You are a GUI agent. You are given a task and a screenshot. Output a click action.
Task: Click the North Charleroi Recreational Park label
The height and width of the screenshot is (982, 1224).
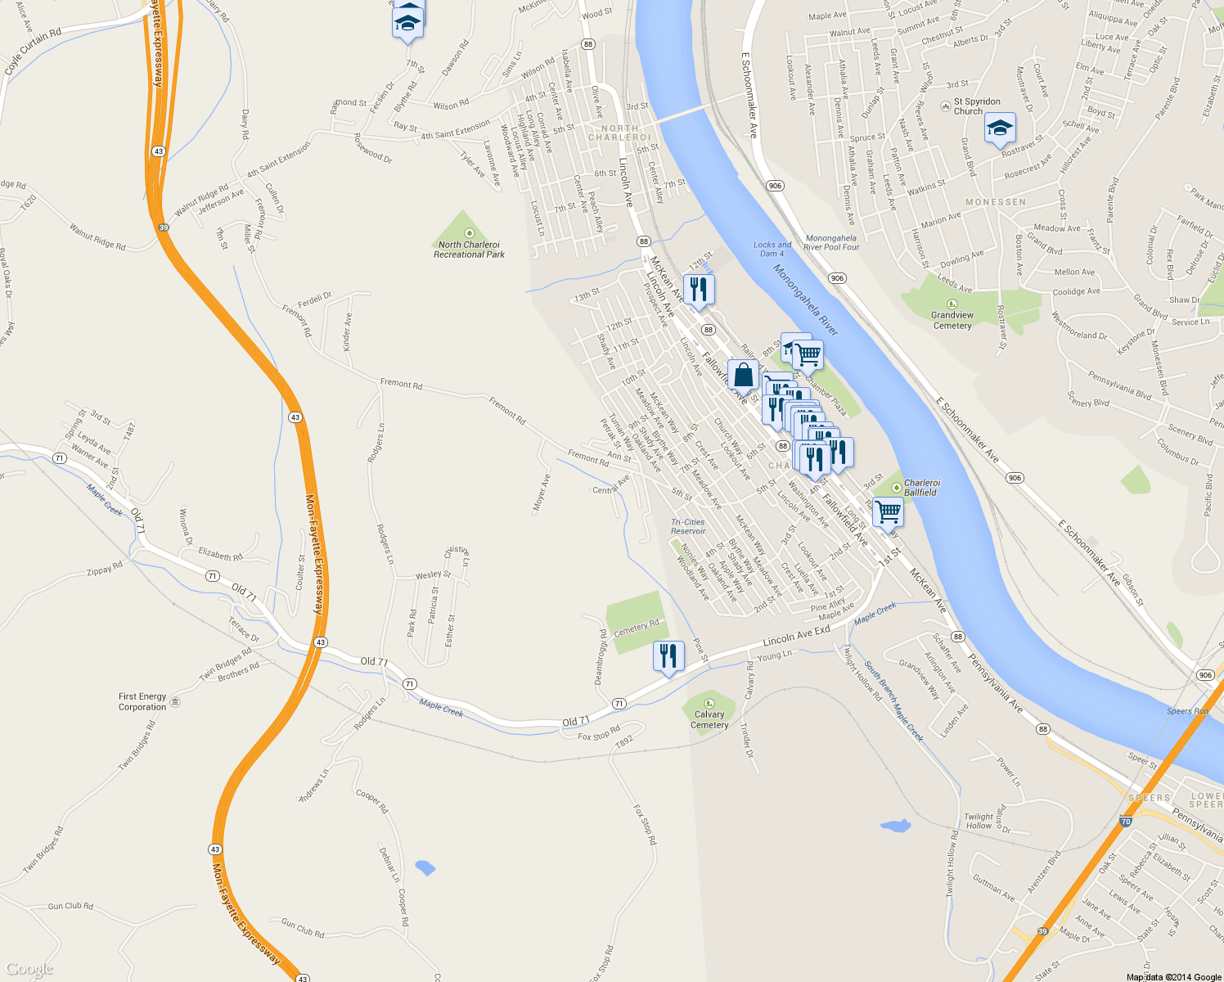(x=469, y=250)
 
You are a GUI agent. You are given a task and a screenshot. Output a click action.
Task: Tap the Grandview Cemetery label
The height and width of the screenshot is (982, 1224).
(x=952, y=320)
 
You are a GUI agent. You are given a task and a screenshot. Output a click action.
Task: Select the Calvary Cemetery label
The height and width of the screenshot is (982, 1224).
(x=709, y=719)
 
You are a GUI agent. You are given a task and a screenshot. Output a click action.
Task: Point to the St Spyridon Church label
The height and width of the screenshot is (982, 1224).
(x=976, y=106)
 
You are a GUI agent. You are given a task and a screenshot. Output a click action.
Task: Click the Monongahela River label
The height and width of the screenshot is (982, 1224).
(x=806, y=300)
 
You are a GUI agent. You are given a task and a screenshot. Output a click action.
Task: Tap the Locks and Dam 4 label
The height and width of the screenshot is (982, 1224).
(x=772, y=249)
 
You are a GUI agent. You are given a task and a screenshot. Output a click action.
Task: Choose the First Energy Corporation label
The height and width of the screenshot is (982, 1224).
(x=142, y=701)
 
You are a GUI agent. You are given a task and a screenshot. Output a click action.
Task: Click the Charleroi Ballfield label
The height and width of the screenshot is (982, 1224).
(x=921, y=488)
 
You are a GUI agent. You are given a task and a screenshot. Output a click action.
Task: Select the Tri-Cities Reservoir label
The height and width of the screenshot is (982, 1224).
(x=688, y=526)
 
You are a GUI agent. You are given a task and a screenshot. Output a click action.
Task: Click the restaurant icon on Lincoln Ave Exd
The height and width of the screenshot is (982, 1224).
(x=668, y=656)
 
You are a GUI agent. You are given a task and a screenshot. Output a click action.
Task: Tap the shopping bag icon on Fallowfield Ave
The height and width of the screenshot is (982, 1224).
(x=743, y=375)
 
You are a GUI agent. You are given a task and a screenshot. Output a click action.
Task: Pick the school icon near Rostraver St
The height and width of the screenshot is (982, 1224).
(x=999, y=128)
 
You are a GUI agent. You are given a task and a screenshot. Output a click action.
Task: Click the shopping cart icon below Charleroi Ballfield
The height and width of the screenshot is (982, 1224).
(x=888, y=512)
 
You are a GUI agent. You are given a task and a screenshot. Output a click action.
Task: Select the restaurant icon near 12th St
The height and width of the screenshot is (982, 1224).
(x=699, y=290)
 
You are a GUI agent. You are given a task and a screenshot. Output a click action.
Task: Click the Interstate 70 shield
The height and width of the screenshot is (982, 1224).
(x=1126, y=822)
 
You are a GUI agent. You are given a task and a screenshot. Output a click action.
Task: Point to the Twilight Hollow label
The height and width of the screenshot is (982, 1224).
(x=979, y=821)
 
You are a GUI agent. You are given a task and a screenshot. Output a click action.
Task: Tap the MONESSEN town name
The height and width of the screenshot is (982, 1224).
(x=996, y=202)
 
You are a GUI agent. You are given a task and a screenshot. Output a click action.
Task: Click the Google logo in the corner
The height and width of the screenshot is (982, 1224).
(x=29, y=970)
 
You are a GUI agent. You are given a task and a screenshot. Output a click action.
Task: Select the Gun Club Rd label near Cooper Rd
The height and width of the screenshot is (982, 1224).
(x=303, y=928)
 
